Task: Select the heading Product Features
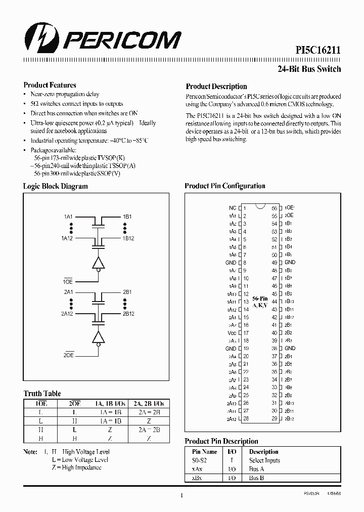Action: coord(50,85)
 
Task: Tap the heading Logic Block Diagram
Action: coord(55,186)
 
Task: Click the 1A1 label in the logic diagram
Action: coord(68,217)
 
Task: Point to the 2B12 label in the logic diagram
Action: coord(128,314)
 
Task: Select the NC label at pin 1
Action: coord(232,208)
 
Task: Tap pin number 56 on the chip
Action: coord(274,208)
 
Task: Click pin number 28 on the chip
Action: coord(246,419)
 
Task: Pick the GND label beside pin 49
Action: coord(290,263)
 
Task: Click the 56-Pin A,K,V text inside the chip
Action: coord(260,302)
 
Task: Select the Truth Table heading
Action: coord(42,393)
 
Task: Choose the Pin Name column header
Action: coord(205,452)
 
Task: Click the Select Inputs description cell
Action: coord(264,460)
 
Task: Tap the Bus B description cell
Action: coord(256,478)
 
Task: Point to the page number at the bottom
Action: coord(181,496)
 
